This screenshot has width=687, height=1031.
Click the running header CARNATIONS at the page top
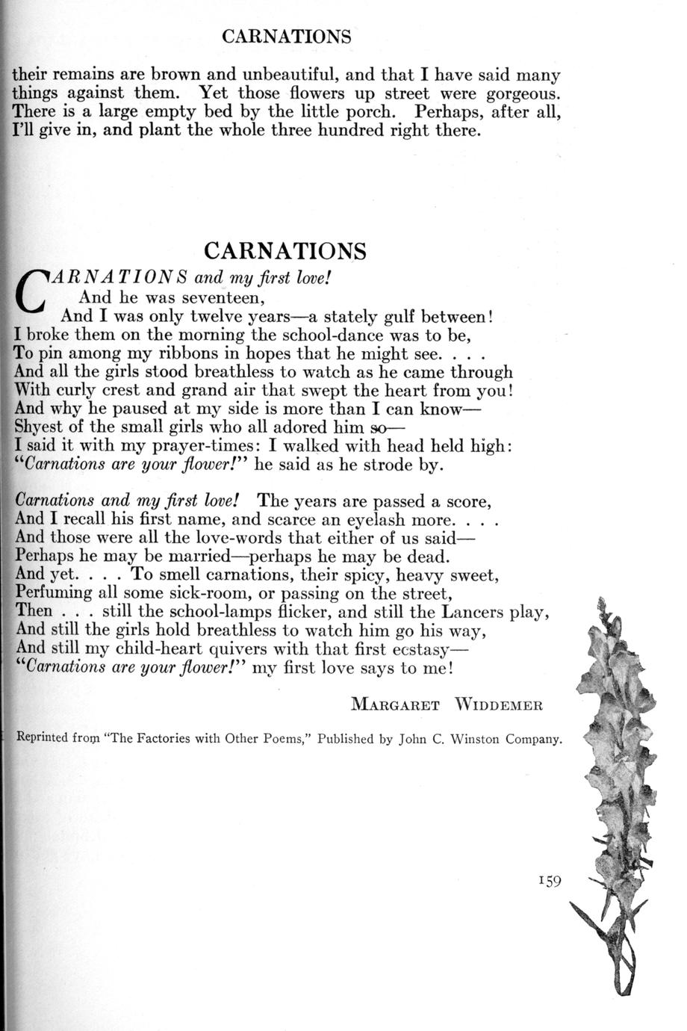287,37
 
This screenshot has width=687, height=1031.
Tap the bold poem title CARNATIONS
285,251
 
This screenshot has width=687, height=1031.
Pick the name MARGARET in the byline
395,705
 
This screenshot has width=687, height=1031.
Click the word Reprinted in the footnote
43,740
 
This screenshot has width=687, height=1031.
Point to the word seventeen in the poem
223,297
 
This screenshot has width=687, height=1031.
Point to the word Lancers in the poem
473,612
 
